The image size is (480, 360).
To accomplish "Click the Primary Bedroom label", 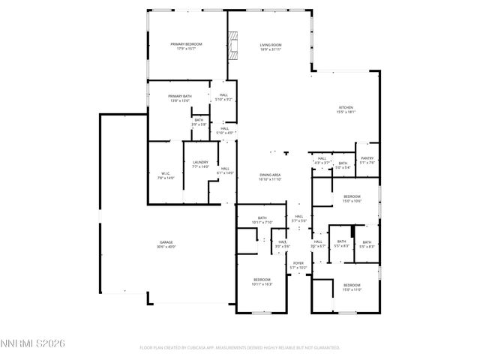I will coord(186,46).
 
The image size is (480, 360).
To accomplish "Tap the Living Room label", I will coord(270,46).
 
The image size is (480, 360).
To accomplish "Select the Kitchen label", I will coord(346,109).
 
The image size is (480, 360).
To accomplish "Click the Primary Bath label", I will coord(179,97).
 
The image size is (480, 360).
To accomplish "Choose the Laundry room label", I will coord(199,163).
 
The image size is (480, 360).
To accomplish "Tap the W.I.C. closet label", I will coord(166,175).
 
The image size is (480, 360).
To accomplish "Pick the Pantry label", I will coord(367,160).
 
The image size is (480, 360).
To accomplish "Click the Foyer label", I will coord(298,264).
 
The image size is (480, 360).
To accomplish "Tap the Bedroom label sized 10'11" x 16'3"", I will coord(262,281).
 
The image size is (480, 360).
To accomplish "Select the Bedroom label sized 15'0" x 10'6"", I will coord(352,198).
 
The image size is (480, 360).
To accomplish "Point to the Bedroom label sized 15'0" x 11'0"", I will coord(352,286).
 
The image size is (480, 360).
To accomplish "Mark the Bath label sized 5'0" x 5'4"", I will coord(343,165).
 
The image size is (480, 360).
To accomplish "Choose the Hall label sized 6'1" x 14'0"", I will coord(225,170).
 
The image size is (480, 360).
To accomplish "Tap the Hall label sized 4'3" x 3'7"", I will coord(322,160).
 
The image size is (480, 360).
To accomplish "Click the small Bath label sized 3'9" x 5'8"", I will coord(199,121).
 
